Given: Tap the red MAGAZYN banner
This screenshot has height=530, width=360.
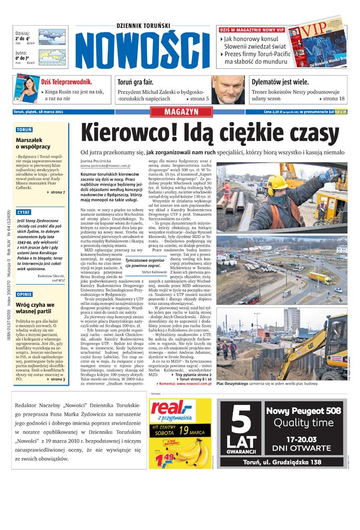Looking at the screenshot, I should [181, 112].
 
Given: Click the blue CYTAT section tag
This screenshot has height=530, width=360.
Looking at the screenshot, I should [24, 212].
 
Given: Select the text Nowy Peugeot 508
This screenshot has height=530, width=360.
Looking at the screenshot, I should [302, 411].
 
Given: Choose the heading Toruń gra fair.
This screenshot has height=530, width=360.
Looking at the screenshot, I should [136, 82].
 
